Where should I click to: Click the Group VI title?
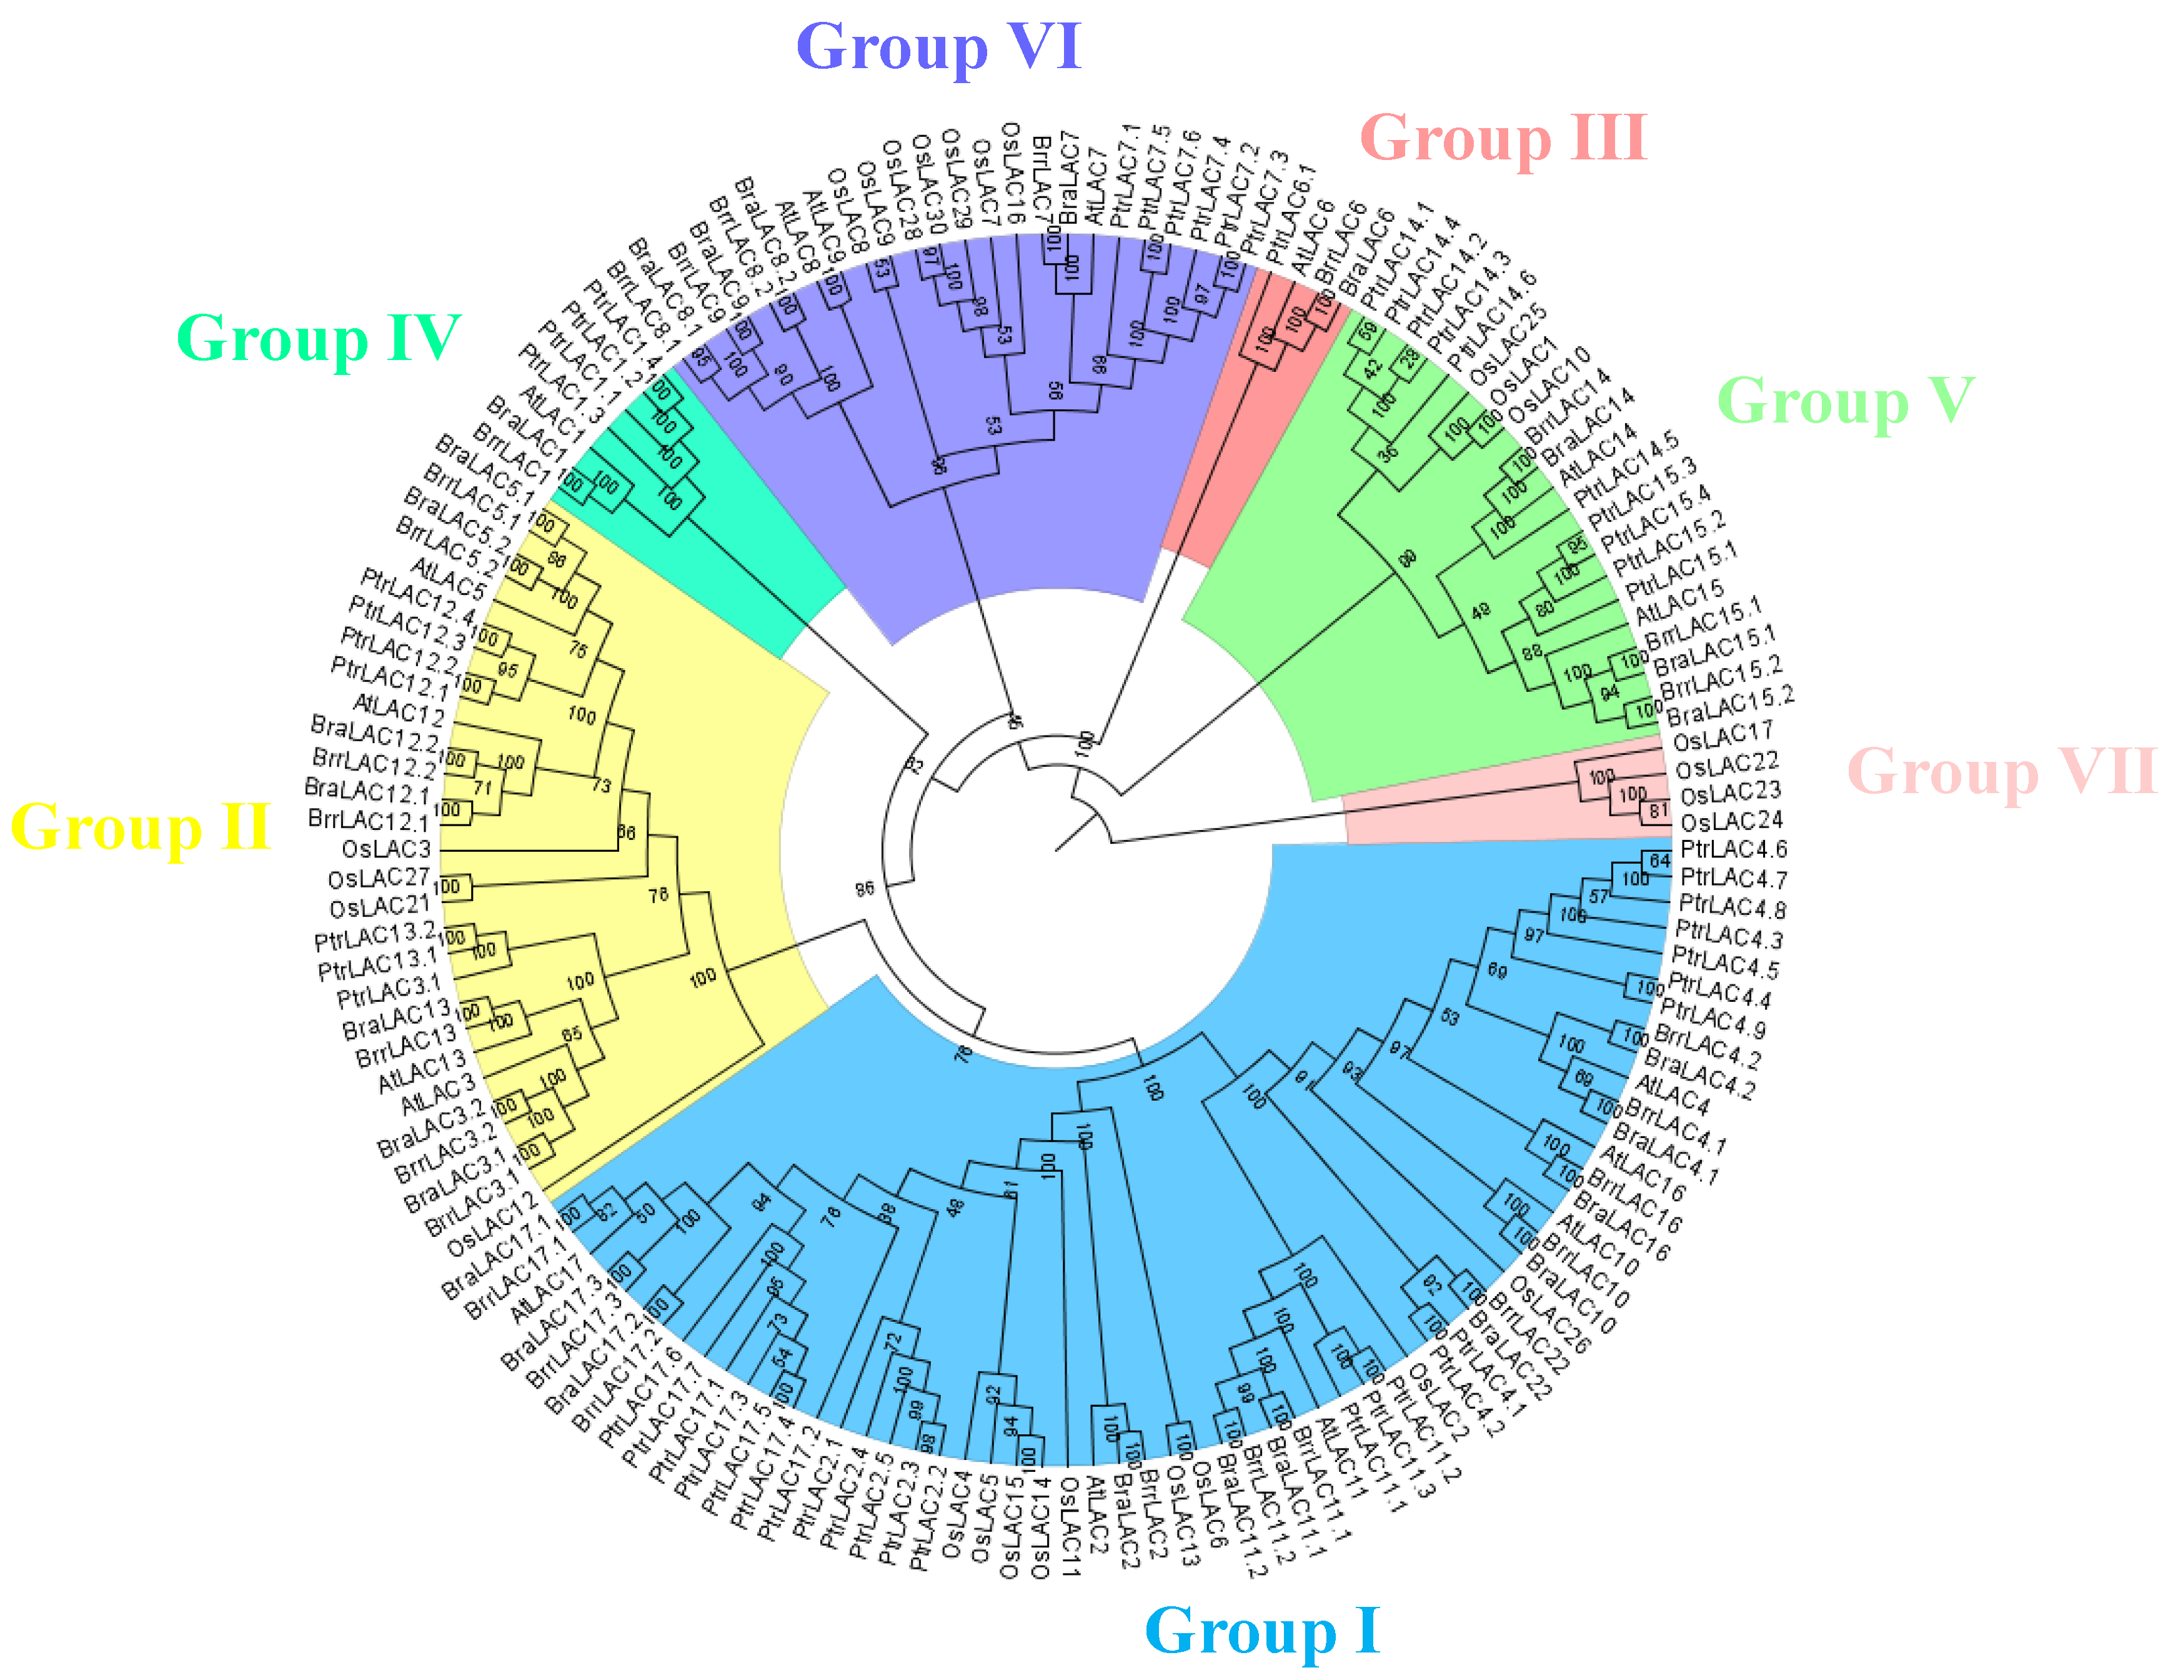[x=937, y=47]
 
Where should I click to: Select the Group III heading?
[x=1503, y=138]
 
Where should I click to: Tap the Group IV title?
[x=317, y=339]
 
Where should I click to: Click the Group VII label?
[x=2001, y=771]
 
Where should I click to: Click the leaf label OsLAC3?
[x=386, y=849]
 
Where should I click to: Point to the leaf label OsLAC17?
[x=1723, y=737]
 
